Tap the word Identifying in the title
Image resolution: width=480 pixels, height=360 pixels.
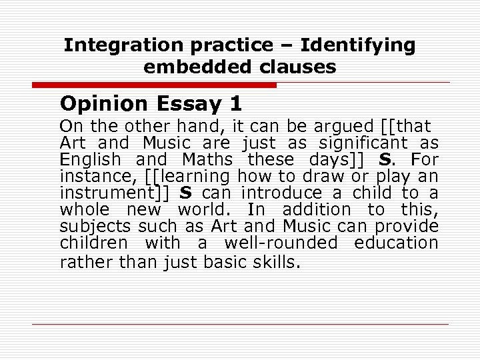(x=357, y=45)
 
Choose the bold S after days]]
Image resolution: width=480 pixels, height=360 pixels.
(x=384, y=159)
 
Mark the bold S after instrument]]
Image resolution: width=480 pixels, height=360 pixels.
(x=186, y=193)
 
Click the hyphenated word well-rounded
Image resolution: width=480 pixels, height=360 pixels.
(x=280, y=243)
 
